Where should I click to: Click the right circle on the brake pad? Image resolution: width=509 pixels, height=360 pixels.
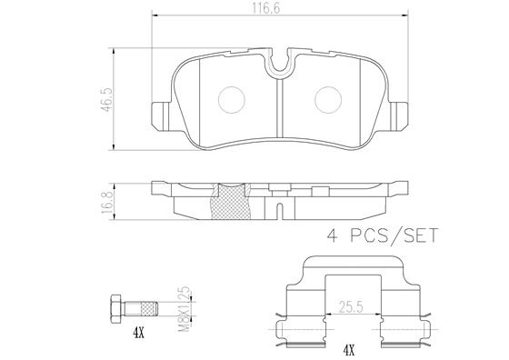(326, 97)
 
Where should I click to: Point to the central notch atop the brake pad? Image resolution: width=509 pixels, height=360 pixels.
(280, 63)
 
